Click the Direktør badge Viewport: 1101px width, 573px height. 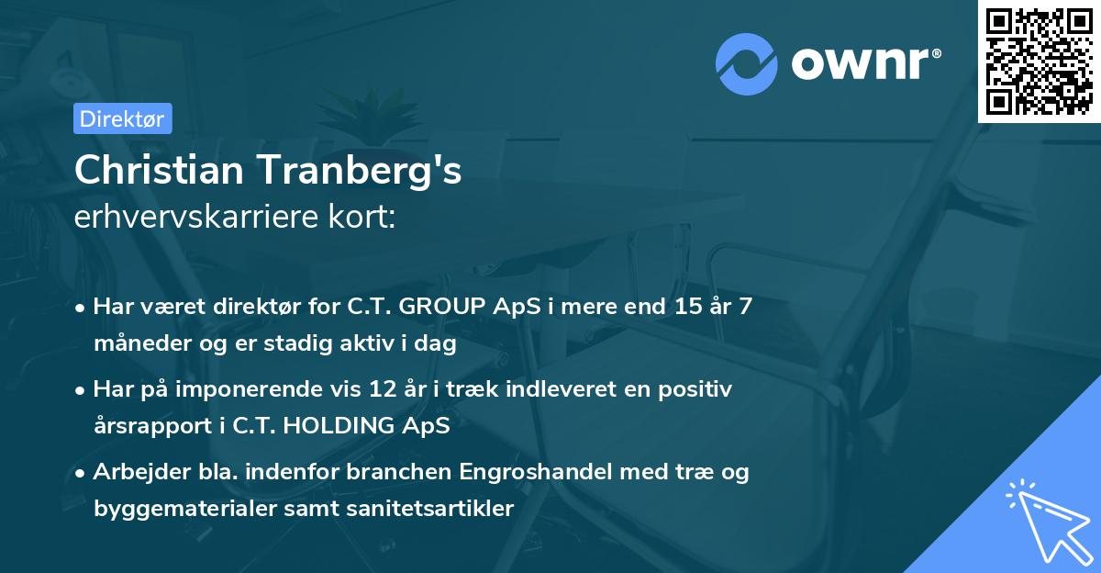click(x=122, y=118)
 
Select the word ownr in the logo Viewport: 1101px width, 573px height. click(x=864, y=63)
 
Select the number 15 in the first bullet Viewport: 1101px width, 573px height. click(x=686, y=306)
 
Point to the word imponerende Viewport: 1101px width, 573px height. click(x=281, y=389)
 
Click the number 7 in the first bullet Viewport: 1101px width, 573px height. click(x=745, y=306)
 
